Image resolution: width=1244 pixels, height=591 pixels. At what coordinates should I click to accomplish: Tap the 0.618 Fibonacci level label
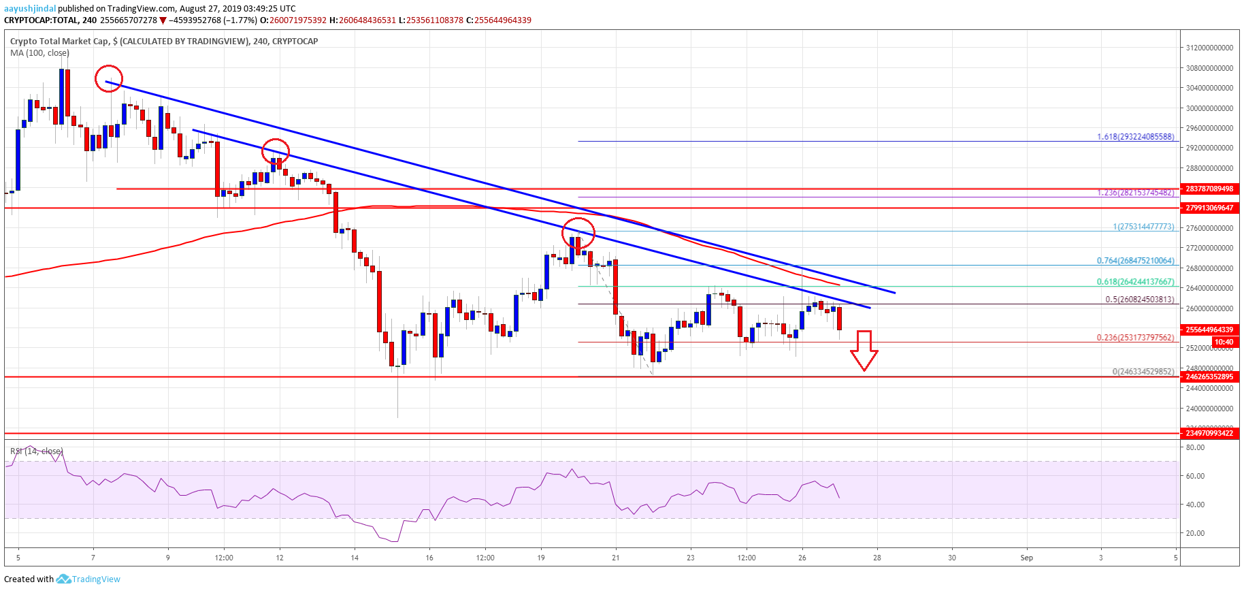coord(1135,281)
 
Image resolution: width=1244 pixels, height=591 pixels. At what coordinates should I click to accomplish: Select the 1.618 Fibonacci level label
coord(1135,137)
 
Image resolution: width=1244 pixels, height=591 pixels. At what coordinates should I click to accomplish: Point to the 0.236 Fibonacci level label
coord(1135,337)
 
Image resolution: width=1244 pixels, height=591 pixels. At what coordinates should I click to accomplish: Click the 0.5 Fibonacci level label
coord(1139,299)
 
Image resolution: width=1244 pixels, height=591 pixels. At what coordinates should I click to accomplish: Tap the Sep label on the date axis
coord(1026,558)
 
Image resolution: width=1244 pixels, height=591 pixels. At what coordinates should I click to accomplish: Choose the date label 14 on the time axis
coord(355,558)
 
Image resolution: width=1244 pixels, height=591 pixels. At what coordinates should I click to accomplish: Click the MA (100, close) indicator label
coord(39,52)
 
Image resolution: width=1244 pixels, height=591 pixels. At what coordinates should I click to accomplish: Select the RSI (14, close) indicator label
coord(36,451)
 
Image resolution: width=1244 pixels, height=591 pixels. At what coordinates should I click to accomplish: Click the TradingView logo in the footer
coord(88,579)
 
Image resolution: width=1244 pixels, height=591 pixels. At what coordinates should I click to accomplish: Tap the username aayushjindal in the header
coord(29,8)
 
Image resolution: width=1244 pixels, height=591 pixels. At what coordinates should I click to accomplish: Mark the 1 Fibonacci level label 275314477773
coord(1143,227)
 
